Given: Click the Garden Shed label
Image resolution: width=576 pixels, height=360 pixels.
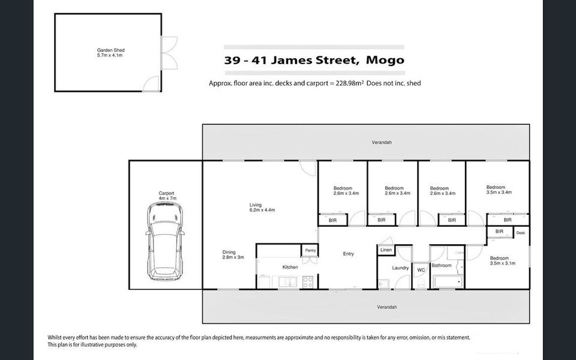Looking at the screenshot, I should point(110,53).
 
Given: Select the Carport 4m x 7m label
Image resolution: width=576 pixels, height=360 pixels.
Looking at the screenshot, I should point(166,196).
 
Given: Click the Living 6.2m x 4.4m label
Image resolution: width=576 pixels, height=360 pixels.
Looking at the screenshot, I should point(262,208).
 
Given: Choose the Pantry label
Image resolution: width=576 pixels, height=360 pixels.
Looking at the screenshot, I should point(310,250).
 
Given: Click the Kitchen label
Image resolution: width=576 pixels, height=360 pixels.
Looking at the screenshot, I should point(290,267).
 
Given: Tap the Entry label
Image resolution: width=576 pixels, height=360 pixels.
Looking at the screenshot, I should point(348,254).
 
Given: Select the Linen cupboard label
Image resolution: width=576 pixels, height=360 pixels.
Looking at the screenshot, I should point(386,250).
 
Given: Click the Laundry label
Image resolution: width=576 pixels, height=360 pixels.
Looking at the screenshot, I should point(400,268).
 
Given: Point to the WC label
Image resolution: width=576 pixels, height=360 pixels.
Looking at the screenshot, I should point(421,271).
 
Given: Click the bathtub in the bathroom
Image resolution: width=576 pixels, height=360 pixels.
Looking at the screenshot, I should point(446,280).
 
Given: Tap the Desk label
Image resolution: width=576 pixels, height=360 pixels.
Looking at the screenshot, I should point(520,233).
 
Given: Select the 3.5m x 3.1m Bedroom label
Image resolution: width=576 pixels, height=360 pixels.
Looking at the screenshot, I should point(502,260).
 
